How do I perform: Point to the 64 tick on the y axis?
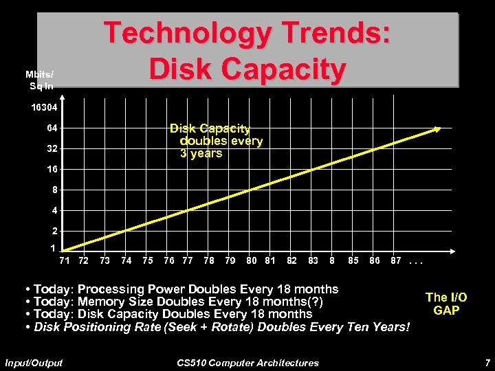52,128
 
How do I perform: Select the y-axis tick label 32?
52,149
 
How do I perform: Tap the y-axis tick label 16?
52,169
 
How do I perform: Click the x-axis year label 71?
64,260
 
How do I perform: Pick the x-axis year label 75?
147,260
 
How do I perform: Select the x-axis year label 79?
230,260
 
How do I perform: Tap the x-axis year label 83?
313,260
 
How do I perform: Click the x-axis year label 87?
396,260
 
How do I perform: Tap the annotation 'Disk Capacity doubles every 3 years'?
217,141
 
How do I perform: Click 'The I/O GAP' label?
446,304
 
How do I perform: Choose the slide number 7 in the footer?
487,362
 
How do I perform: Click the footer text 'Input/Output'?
34,362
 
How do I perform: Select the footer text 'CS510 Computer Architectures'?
247,362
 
